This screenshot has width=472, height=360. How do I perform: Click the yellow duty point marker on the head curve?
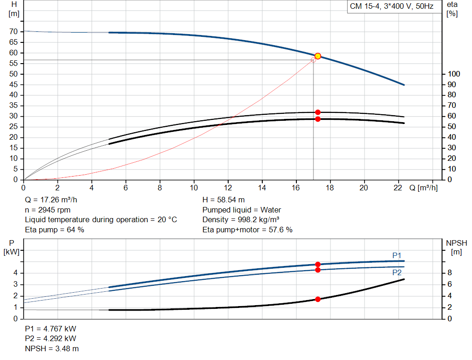[x=318, y=56]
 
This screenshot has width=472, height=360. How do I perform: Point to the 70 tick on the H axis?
[x=14, y=32]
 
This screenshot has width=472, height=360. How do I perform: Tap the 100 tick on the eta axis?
[x=454, y=74]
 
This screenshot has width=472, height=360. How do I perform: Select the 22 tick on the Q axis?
[x=398, y=188]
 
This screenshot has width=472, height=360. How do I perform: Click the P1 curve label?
[x=397, y=255]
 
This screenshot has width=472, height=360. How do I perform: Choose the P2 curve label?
[x=397, y=272]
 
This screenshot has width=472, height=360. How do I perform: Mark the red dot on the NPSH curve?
[x=318, y=299]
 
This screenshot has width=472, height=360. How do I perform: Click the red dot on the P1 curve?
[x=318, y=264]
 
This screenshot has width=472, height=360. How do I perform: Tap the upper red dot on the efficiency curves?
[x=318, y=112]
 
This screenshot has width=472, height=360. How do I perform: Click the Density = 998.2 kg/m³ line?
[x=241, y=219]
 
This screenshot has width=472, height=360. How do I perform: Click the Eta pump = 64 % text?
[x=54, y=229]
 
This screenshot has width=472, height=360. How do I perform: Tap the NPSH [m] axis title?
[x=457, y=247]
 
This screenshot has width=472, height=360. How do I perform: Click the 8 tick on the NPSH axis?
[x=450, y=273]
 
